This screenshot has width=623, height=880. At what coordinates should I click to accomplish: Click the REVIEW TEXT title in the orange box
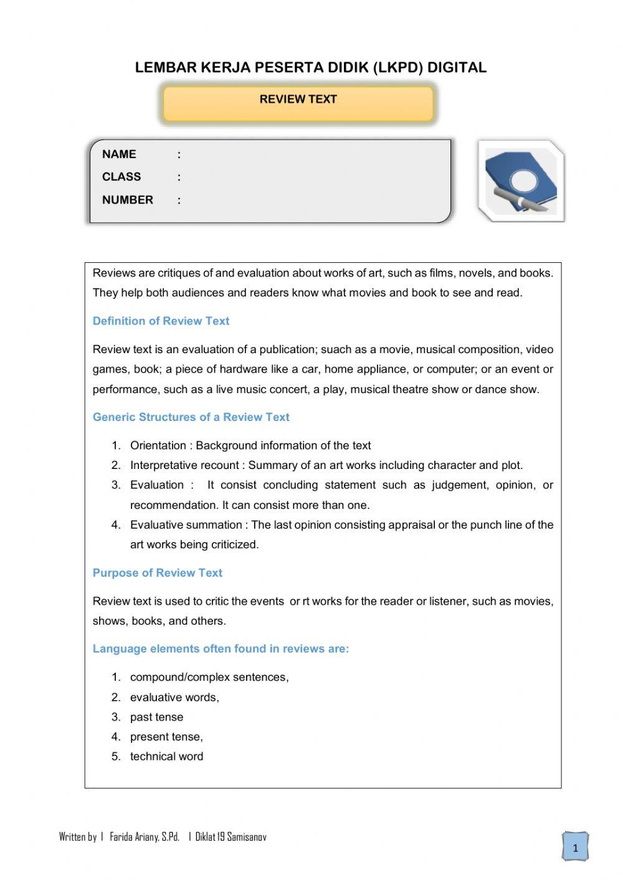(x=298, y=100)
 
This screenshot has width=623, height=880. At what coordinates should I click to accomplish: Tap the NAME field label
(x=119, y=154)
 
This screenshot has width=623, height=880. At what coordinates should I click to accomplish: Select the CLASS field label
(x=121, y=177)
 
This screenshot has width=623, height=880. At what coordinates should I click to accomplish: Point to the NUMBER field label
(x=128, y=200)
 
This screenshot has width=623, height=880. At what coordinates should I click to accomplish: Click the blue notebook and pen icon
(x=521, y=181)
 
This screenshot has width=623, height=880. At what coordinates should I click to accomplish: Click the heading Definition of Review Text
(x=161, y=321)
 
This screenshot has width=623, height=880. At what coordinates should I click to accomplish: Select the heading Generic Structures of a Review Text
(x=191, y=417)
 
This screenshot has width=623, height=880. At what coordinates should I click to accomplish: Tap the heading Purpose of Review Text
(x=157, y=573)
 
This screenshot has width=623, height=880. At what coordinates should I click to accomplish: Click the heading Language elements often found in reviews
(x=221, y=649)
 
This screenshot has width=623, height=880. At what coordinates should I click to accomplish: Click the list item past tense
(x=156, y=717)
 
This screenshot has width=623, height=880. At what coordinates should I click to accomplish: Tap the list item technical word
(x=166, y=757)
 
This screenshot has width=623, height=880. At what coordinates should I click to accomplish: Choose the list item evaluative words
(x=174, y=698)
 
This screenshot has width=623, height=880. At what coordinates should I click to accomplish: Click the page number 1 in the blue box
(x=575, y=848)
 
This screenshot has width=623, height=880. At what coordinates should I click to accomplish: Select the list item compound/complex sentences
(x=209, y=678)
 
